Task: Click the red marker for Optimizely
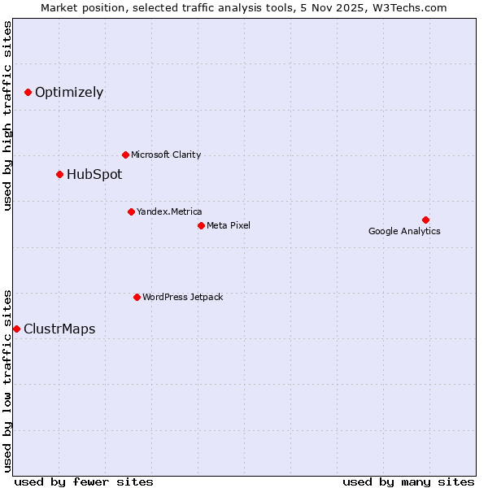coord(28,93)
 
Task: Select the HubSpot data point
coord(59,174)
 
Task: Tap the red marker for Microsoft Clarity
coord(125,155)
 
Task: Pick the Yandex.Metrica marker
coord(131,211)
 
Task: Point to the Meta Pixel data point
coord(201,225)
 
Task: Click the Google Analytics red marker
coord(425,220)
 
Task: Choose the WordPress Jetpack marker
coord(137,297)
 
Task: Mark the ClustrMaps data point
coord(16,329)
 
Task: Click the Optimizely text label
coord(69,93)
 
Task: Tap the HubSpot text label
coord(94,174)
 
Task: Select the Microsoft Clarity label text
coord(166,155)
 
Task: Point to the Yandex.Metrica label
coord(169,211)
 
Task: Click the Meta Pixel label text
coord(229,225)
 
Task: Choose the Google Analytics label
coord(404,231)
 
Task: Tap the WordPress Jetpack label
coord(182,297)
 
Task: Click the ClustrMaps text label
coord(59,329)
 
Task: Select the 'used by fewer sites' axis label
coord(84,481)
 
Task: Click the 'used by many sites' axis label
coord(408,481)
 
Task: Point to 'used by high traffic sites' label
coord(8,115)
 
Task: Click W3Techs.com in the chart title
coord(416,7)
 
